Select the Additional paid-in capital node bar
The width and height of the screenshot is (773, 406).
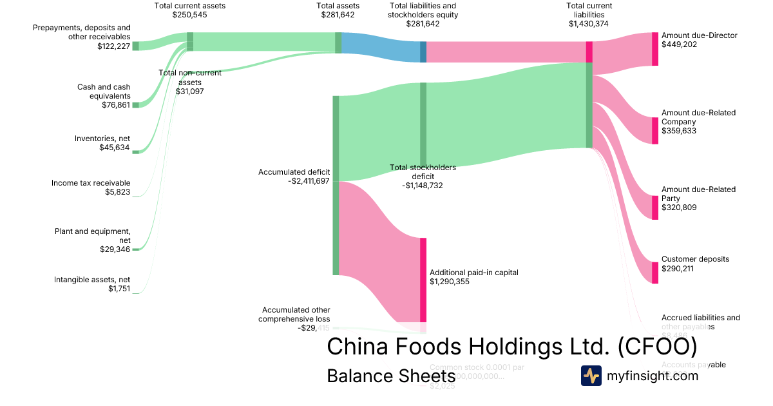pos(423,280)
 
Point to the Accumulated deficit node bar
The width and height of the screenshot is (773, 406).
pos(336,185)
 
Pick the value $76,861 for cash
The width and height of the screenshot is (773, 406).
pos(116,105)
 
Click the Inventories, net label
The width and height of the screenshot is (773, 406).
pos(102,139)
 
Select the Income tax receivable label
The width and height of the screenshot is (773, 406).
pos(91,183)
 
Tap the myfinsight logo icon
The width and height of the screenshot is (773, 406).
pos(591,376)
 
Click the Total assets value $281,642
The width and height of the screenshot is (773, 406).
pos(338,14)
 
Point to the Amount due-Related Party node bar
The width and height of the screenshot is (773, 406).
pos(655,208)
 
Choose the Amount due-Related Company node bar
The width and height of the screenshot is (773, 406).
pos(655,130)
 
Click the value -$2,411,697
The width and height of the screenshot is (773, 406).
pos(309,181)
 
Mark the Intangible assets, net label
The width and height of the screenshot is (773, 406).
pos(92,280)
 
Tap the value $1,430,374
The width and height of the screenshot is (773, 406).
pos(588,24)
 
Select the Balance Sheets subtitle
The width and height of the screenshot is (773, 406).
pos(382,376)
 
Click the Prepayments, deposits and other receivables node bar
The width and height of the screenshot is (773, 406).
pos(135,46)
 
